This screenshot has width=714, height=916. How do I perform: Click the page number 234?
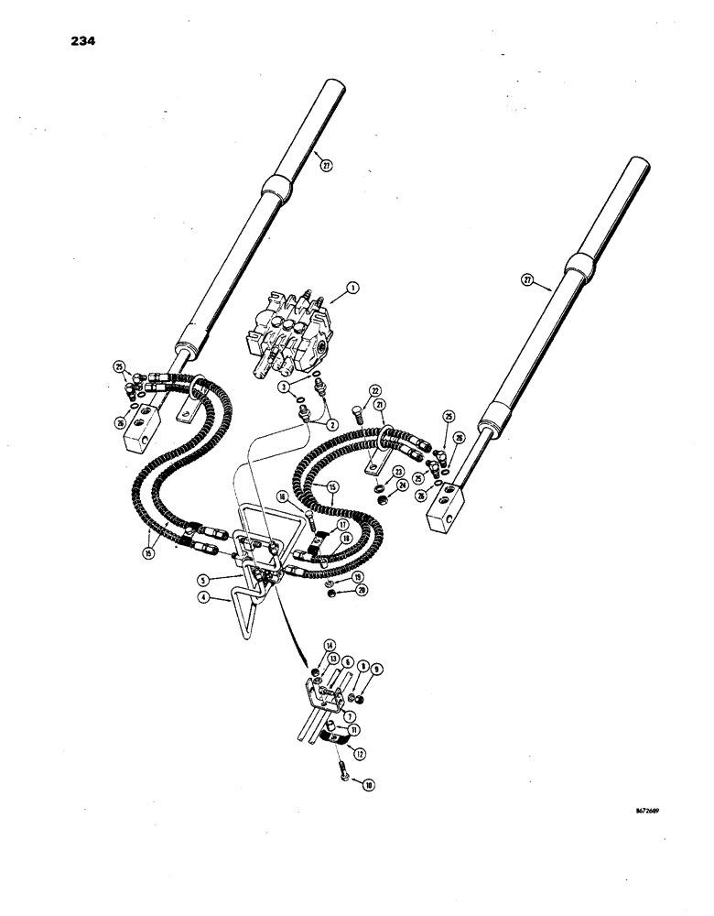pyautogui.click(x=81, y=41)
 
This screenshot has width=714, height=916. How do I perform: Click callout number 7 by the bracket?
pyautogui.click(x=350, y=719)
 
